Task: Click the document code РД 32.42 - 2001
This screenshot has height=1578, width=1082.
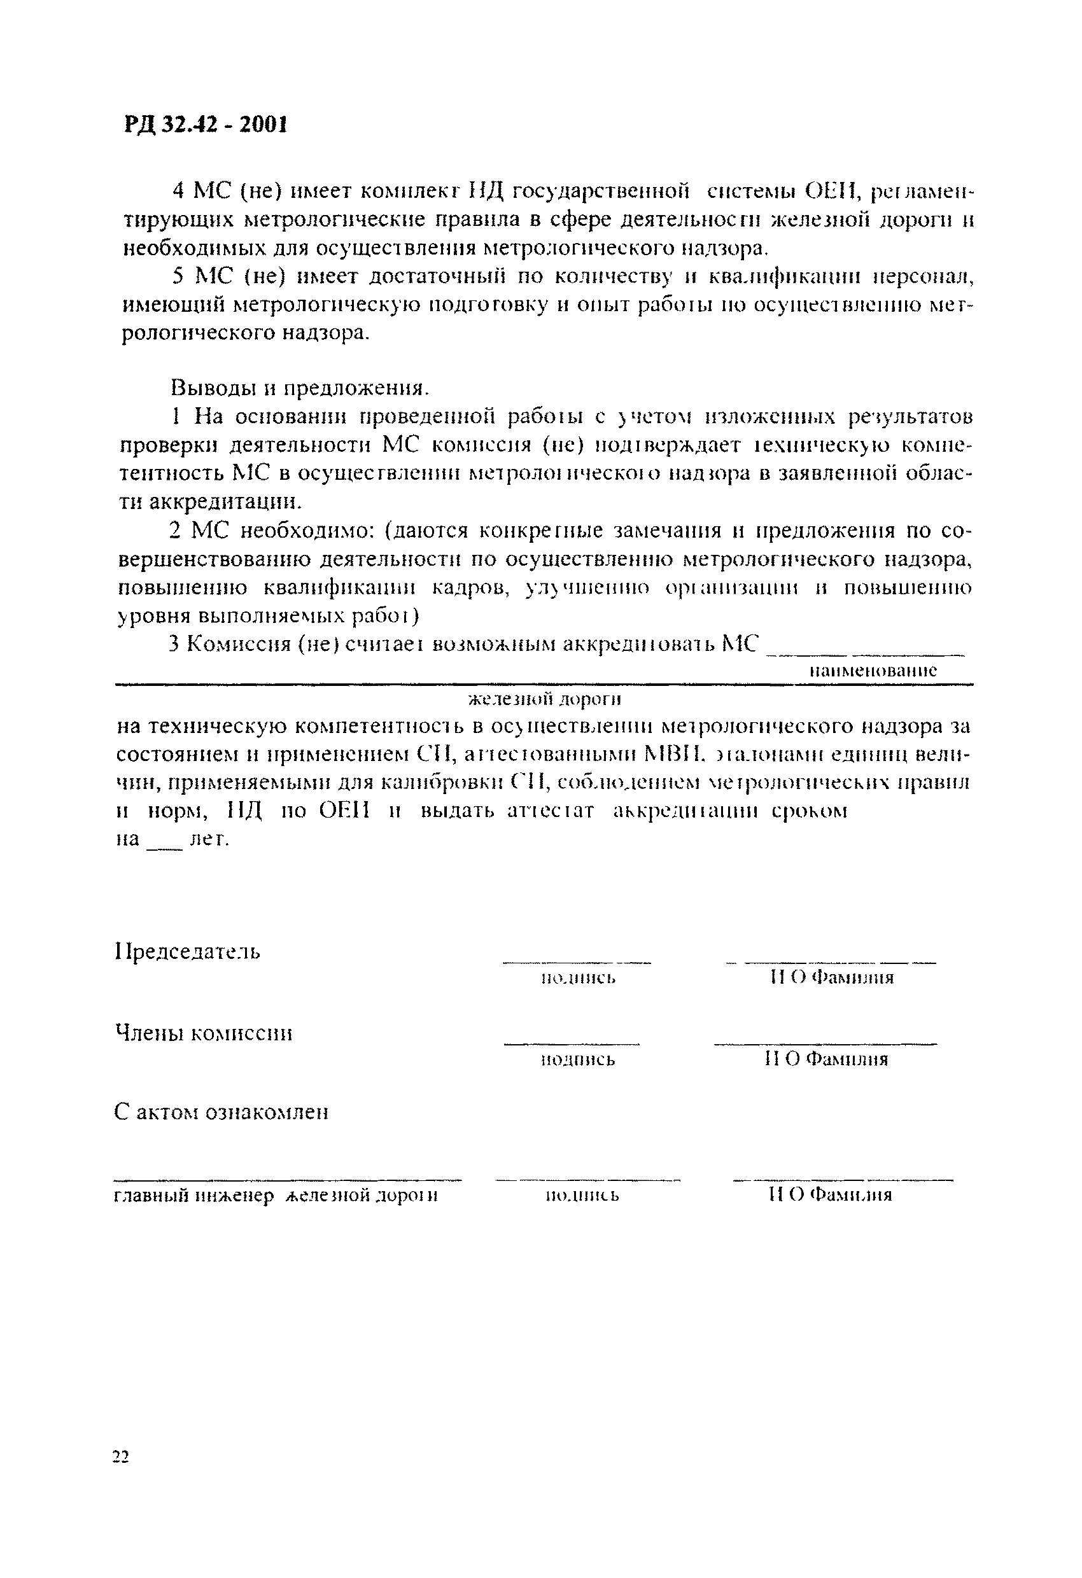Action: (x=206, y=125)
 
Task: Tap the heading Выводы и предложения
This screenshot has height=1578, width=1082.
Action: (x=300, y=387)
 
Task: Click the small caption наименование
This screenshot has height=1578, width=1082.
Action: (x=873, y=671)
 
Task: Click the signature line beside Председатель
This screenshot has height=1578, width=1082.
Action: (x=576, y=962)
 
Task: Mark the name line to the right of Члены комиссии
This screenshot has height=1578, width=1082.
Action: (x=825, y=1044)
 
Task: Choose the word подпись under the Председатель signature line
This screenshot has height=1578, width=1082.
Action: (x=579, y=978)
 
